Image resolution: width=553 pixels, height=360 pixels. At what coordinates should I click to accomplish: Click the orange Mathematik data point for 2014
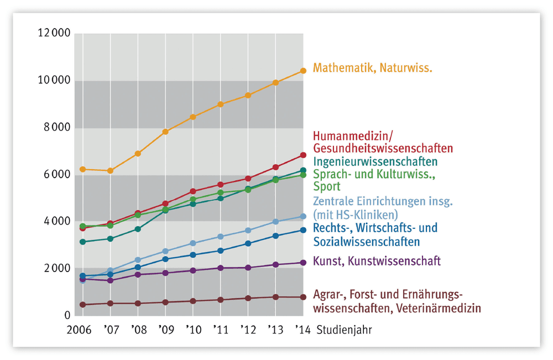(x=303, y=71)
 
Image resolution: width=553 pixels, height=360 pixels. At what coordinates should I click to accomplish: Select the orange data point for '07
(x=111, y=171)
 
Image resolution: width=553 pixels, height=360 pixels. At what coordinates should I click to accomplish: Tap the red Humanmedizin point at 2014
(x=303, y=155)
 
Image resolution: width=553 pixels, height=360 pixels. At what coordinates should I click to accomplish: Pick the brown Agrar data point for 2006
(x=83, y=305)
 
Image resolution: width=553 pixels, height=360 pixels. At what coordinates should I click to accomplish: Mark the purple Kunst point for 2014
(x=303, y=263)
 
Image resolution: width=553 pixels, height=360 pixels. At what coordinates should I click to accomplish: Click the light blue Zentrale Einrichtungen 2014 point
(x=303, y=216)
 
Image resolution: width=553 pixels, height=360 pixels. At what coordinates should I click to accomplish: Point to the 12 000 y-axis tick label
(x=54, y=33)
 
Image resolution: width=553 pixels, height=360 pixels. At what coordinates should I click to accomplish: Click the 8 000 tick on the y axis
(x=57, y=127)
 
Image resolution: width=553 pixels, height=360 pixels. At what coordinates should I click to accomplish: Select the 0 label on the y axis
(x=67, y=315)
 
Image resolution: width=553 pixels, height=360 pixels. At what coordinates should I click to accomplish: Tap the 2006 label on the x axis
(x=79, y=330)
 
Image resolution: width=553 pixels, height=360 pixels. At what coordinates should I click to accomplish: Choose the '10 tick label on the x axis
(x=194, y=330)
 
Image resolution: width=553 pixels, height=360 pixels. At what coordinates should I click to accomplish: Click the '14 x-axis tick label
(x=303, y=330)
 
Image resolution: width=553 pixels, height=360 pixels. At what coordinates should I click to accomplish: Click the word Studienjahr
(x=344, y=330)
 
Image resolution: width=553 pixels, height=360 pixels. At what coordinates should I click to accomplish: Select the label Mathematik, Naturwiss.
(x=373, y=67)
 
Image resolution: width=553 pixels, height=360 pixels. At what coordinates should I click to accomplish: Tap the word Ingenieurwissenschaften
(x=375, y=162)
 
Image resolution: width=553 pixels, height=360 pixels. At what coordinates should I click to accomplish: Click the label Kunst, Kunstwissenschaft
(x=377, y=261)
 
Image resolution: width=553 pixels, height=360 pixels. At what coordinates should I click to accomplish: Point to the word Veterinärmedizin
(x=439, y=308)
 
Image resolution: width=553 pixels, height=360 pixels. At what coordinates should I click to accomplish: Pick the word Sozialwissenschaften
(x=367, y=242)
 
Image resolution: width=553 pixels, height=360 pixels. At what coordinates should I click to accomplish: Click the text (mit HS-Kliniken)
(x=356, y=215)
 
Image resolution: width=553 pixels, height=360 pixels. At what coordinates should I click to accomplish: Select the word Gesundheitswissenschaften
(x=383, y=148)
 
